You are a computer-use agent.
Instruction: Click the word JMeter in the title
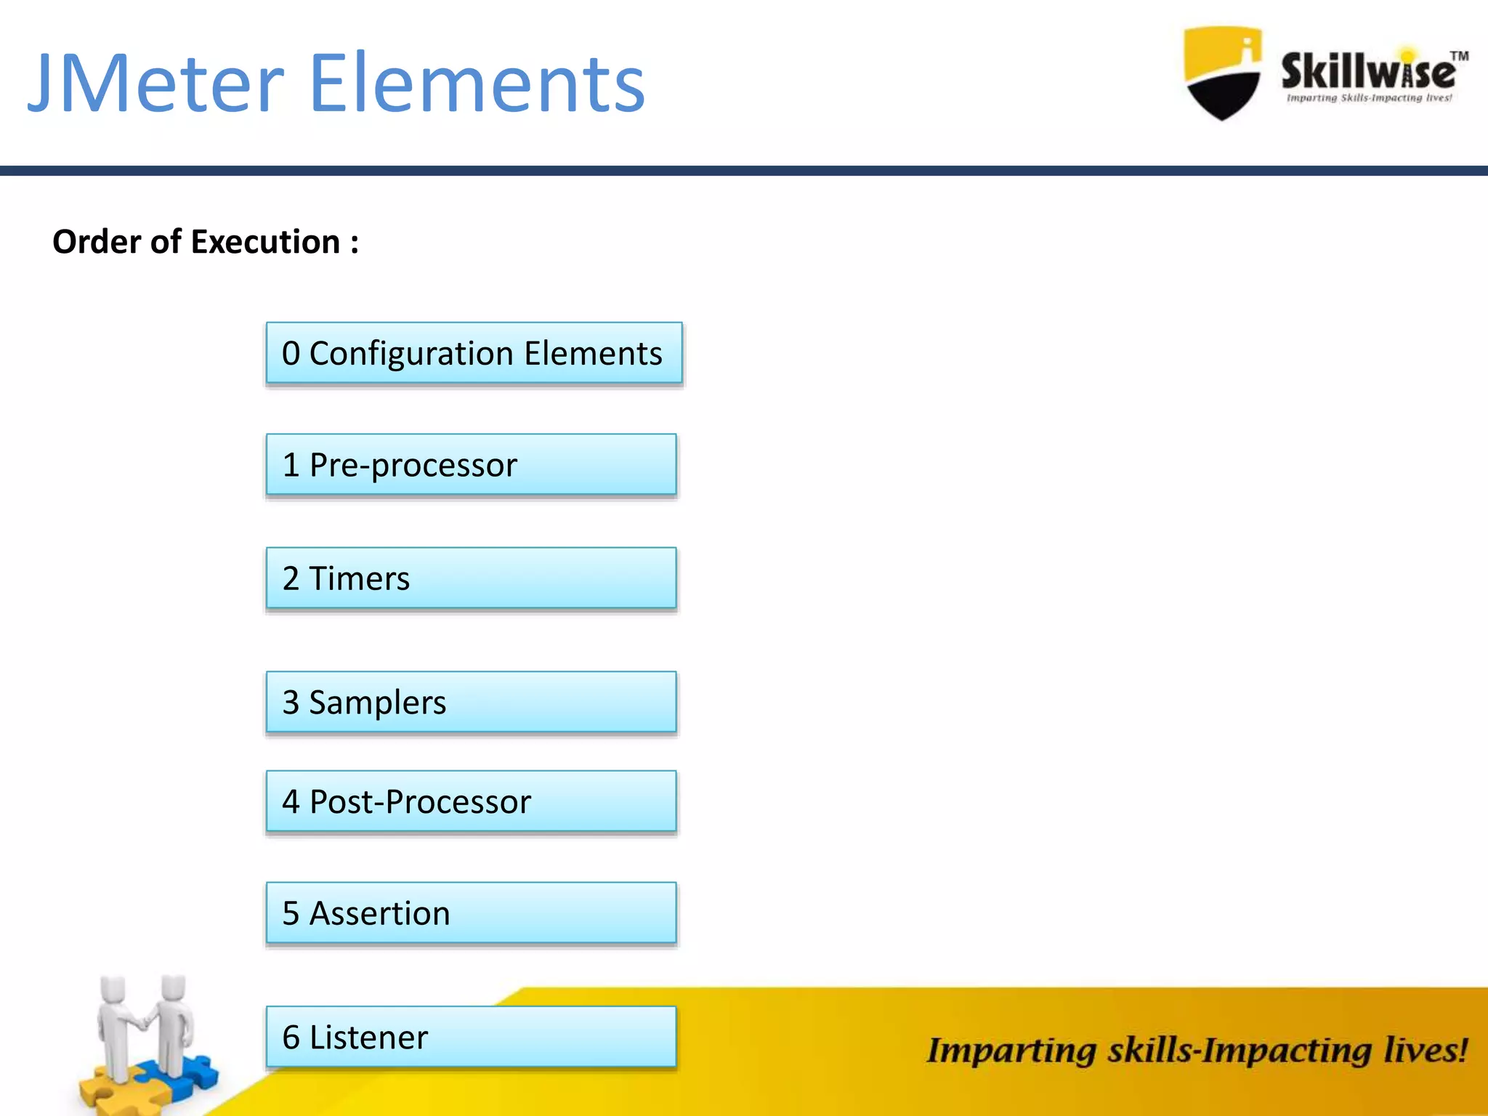tap(156, 84)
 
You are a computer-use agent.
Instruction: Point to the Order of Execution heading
tap(206, 242)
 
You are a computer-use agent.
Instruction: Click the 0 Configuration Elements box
tap(474, 353)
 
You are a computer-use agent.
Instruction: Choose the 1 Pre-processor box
tap(471, 465)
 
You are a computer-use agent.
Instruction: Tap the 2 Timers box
tap(471, 578)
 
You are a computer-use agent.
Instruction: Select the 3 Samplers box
tap(471, 702)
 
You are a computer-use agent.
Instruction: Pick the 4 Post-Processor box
tap(471, 801)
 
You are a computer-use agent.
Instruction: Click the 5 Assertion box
tap(471, 913)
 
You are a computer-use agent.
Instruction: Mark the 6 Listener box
tap(471, 1037)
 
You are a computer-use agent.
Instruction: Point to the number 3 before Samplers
tap(291, 703)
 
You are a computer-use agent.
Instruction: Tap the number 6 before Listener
tap(291, 1038)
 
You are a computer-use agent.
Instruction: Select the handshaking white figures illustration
tap(145, 1024)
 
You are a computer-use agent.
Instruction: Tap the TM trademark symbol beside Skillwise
tap(1459, 56)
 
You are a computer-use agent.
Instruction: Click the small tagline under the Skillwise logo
tap(1369, 98)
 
